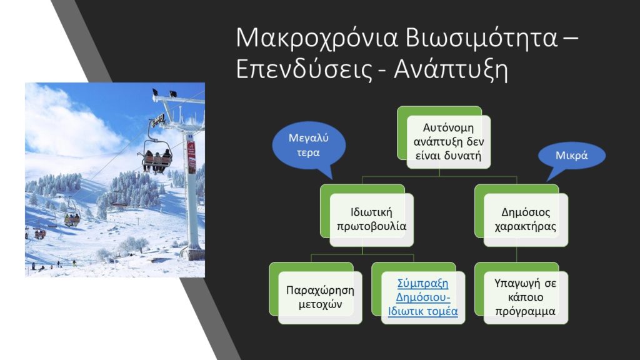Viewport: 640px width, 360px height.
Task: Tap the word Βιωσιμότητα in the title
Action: [x=482, y=37]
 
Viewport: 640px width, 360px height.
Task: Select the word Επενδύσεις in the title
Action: [x=304, y=69]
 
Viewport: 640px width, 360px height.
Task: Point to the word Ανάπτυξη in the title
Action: [x=451, y=71]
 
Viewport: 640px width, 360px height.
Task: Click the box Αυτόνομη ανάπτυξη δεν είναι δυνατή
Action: [x=448, y=142]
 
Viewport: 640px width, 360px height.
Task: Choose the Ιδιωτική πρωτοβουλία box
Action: [x=371, y=219]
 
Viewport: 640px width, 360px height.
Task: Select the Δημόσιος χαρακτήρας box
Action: [x=526, y=219]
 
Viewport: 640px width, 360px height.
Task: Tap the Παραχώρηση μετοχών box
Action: [x=320, y=297]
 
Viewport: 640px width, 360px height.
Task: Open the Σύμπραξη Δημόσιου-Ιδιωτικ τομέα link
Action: [x=423, y=297]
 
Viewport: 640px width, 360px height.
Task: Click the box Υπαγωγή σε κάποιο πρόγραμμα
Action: [x=526, y=297]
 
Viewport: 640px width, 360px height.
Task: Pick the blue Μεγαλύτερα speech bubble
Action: [x=309, y=146]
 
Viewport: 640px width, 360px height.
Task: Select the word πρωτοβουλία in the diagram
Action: [x=371, y=226]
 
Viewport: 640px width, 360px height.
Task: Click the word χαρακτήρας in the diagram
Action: [x=526, y=226]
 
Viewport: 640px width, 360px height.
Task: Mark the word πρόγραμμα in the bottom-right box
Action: [x=526, y=311]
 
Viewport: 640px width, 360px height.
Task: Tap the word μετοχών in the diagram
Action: [x=320, y=304]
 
